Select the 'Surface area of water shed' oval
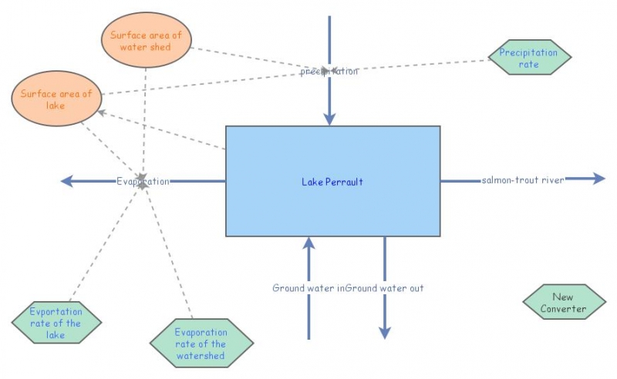146,40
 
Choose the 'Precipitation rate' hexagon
529,58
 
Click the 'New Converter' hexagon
563,303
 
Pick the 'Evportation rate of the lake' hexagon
56,324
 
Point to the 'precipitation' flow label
329,71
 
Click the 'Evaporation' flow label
143,181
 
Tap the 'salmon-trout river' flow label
523,179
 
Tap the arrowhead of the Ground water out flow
385,332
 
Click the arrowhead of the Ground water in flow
309,243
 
